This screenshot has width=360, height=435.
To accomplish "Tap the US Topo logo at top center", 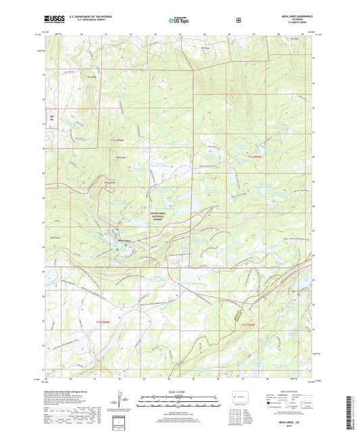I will coord(178,21).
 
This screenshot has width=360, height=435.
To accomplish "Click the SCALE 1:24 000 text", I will coord(178,392).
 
